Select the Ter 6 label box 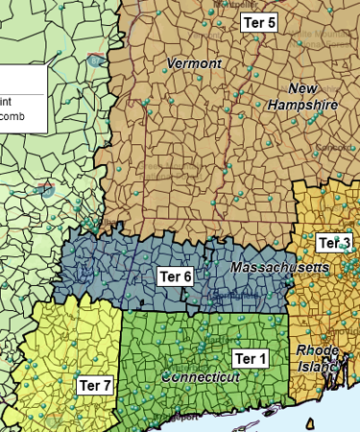[x=176, y=276]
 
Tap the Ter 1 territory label [x=251, y=359]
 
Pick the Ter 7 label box [x=95, y=385]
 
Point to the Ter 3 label [x=335, y=242]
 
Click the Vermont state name [x=194, y=63]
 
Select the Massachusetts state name [x=280, y=265]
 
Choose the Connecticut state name [x=201, y=377]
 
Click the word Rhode [x=317, y=349]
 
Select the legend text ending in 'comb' [x=12, y=116]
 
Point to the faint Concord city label [x=332, y=147]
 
